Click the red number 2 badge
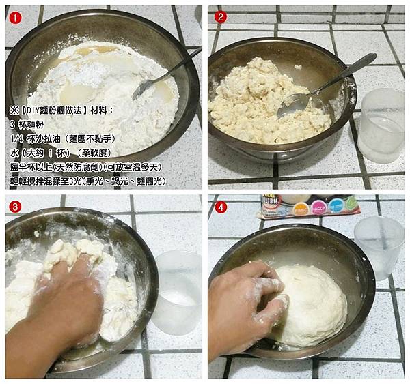pos(220,17)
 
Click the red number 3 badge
pos(15,206)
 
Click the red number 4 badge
pos(220,207)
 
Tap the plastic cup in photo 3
pos(176,290)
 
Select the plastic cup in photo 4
pos(379,246)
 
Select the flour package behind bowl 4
pos(311,205)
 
